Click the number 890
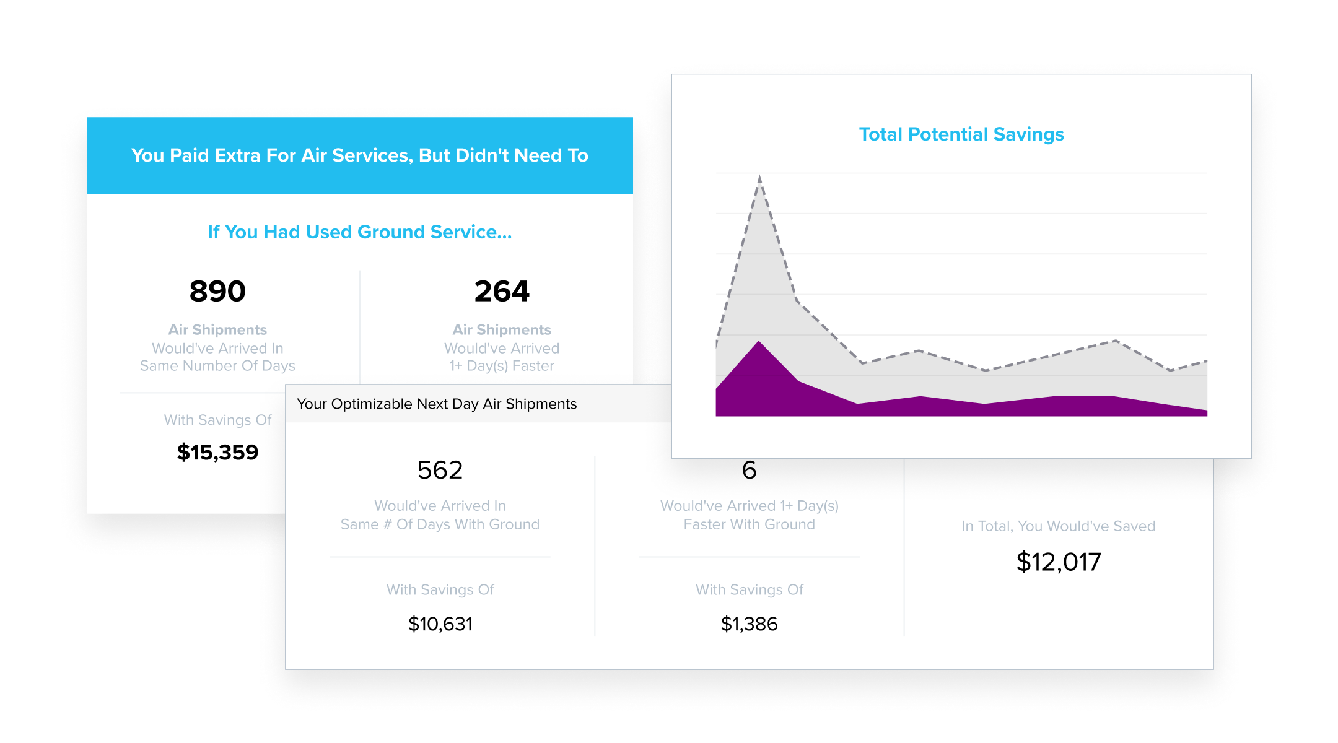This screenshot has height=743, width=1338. coord(217,291)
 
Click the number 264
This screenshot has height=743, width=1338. coord(502,291)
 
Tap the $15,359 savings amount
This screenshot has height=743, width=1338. coord(217,452)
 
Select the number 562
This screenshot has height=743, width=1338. coord(440,470)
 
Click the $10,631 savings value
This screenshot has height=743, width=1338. coord(440,624)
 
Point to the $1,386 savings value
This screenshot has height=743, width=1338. coord(749,624)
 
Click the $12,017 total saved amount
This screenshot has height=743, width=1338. coord(1059,562)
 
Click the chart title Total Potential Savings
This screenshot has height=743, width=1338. coord(961,134)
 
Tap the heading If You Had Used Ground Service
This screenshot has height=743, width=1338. coord(359,232)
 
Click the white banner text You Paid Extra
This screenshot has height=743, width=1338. coord(359,155)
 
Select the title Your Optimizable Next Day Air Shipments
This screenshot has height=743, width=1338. coord(437,404)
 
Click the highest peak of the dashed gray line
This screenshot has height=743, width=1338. coord(759,177)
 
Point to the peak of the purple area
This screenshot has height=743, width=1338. coord(759,342)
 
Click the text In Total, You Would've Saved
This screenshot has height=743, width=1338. coord(1059,526)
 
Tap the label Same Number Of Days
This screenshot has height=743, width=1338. coord(217,366)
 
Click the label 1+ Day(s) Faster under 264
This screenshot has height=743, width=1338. coord(502,366)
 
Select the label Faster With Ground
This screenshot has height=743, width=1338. coord(749,524)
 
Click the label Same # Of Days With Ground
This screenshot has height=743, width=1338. coord(440,524)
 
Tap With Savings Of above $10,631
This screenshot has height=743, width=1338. coord(440,589)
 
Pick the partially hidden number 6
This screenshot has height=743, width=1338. coord(749,470)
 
